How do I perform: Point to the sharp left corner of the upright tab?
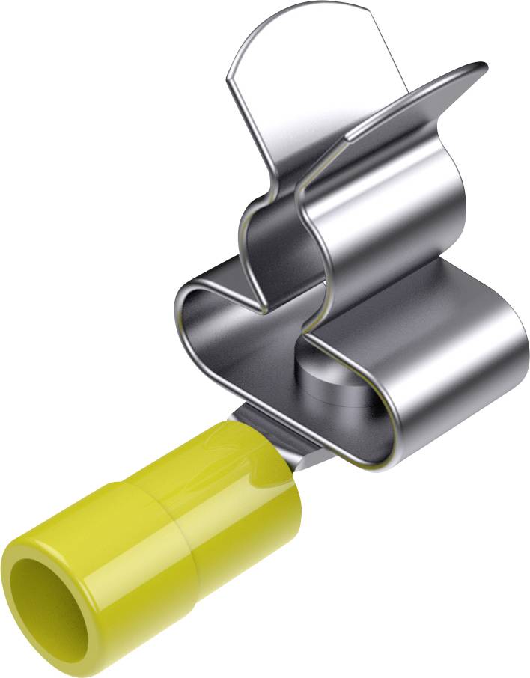(x=228, y=75)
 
